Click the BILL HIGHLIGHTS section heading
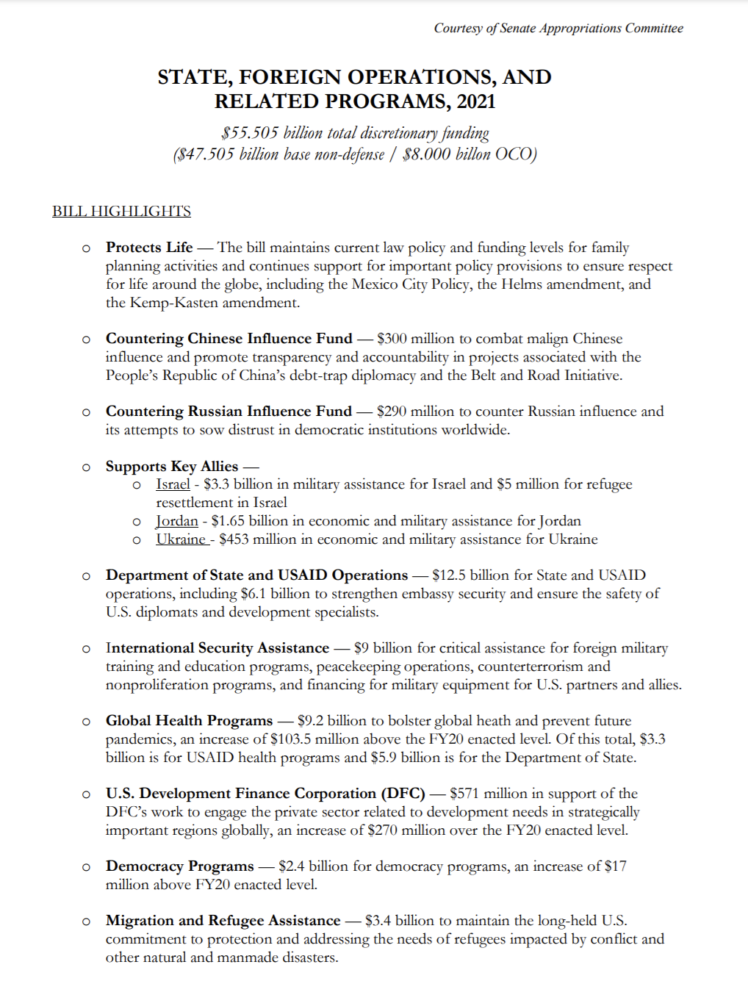(121, 212)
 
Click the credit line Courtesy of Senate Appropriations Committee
(558, 29)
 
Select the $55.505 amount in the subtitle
(251, 133)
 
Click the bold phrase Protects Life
(149, 248)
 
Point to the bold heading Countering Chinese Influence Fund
(229, 339)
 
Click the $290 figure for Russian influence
(392, 412)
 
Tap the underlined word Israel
(173, 484)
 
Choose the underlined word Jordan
(177, 521)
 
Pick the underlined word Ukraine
(181, 539)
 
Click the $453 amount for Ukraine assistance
(234, 539)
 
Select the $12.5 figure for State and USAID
(448, 575)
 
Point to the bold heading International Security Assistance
(217, 648)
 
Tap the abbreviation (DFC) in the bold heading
(403, 794)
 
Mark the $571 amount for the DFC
(464, 794)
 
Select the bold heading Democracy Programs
(179, 866)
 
